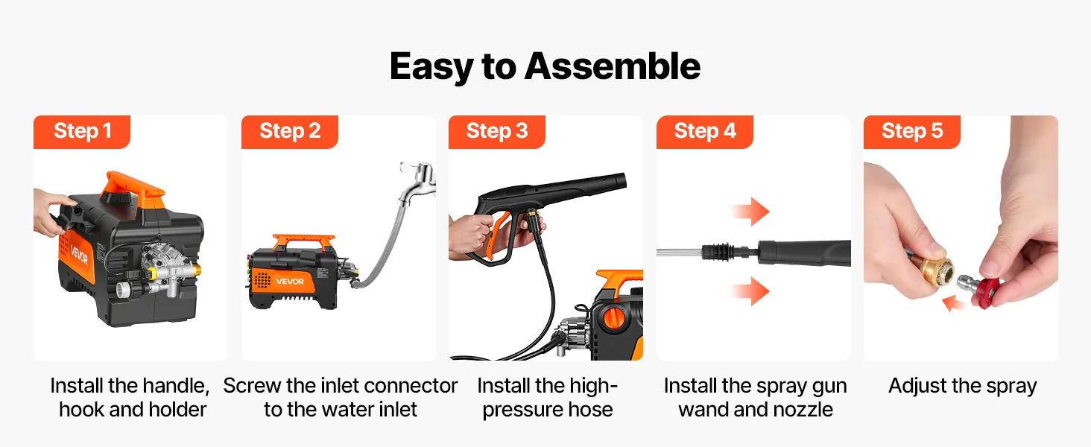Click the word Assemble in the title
coord(613,66)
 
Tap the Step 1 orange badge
coord(82,131)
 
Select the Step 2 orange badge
coord(290,131)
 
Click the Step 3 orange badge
coord(497,131)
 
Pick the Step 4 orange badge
coord(705,131)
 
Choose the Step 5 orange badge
coord(911,131)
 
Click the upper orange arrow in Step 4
coord(750,212)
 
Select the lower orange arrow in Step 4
coord(750,291)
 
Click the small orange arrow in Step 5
coord(954,303)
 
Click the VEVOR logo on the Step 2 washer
coord(290,282)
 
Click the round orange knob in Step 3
coord(615,317)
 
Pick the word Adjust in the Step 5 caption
coord(917,386)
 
